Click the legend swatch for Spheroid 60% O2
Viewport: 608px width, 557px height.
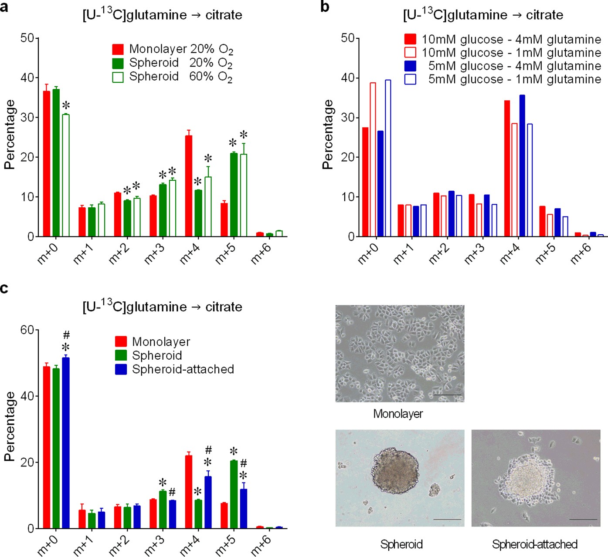click(118, 77)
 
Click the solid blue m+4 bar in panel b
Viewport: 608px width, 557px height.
click(522, 165)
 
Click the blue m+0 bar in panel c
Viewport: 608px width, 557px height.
click(66, 442)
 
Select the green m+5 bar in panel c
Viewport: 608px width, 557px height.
click(234, 494)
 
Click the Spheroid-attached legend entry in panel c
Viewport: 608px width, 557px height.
click(183, 369)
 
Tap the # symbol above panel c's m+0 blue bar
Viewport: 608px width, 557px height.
click(66, 335)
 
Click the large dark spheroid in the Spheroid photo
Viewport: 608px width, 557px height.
click(395, 471)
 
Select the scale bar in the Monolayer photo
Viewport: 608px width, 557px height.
click(448, 395)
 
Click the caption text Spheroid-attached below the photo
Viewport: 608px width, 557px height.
click(535, 544)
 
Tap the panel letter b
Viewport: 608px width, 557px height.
click(325, 7)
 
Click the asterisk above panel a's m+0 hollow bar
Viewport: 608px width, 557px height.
click(66, 106)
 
